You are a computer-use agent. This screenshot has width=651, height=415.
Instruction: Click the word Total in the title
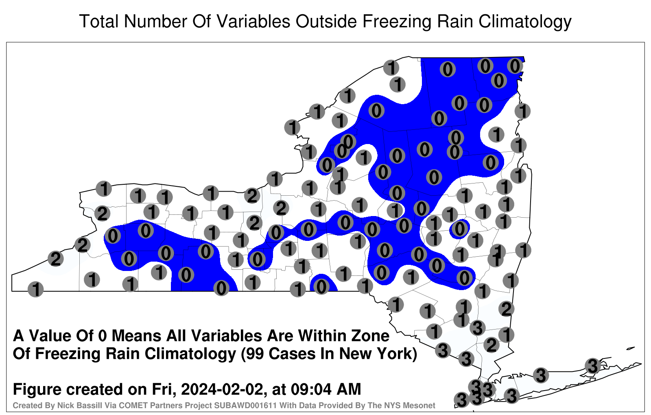coord(99,21)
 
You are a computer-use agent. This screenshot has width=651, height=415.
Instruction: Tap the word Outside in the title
coord(326,21)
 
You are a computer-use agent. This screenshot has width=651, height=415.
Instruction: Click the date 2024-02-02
coord(222,389)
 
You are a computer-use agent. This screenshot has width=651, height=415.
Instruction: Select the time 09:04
coord(311,389)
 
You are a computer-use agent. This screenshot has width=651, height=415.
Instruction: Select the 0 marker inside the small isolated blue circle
coord(459,229)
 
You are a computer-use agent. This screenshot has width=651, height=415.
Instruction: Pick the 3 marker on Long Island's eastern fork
coord(592,366)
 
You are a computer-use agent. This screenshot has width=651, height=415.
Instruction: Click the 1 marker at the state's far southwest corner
coord(35,289)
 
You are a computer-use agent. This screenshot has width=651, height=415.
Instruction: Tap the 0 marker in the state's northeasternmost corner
coord(515,66)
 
